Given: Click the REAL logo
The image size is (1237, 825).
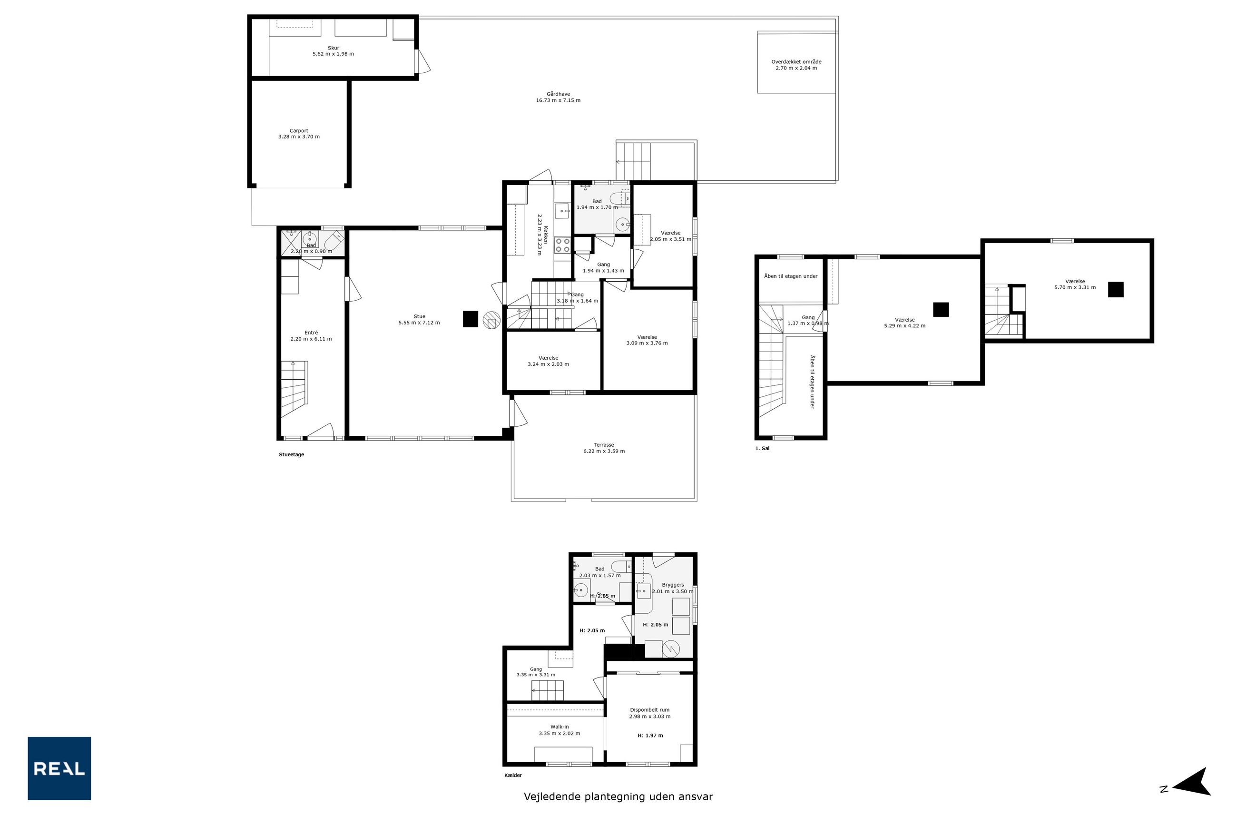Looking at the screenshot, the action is [59, 768].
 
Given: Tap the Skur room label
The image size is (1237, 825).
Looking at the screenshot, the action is [333, 48].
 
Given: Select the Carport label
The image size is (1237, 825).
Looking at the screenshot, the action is [299, 130].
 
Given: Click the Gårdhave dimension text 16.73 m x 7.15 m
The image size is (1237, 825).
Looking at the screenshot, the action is [558, 100].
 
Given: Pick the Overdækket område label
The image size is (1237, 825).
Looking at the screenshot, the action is [796, 61].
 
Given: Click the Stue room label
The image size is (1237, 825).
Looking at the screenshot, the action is [419, 316].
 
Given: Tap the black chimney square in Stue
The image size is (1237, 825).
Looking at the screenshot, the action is [471, 319].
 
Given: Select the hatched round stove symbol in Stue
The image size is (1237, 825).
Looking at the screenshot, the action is [491, 320].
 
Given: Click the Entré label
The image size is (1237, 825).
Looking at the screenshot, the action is [311, 333].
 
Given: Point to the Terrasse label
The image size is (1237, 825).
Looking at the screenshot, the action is [604, 444].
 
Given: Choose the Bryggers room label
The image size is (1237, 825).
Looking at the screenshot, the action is [673, 585].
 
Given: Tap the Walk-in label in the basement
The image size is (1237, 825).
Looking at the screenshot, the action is [560, 727].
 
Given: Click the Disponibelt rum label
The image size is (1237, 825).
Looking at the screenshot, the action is [650, 710].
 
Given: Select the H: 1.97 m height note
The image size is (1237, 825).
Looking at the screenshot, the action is [650, 736].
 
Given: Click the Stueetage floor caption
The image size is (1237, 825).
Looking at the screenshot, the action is [292, 454].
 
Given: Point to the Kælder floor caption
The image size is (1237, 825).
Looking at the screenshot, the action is [513, 775].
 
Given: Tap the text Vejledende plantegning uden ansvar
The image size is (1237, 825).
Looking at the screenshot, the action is [618, 796].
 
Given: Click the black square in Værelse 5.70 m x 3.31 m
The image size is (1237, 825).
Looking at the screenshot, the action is [1116, 289].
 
